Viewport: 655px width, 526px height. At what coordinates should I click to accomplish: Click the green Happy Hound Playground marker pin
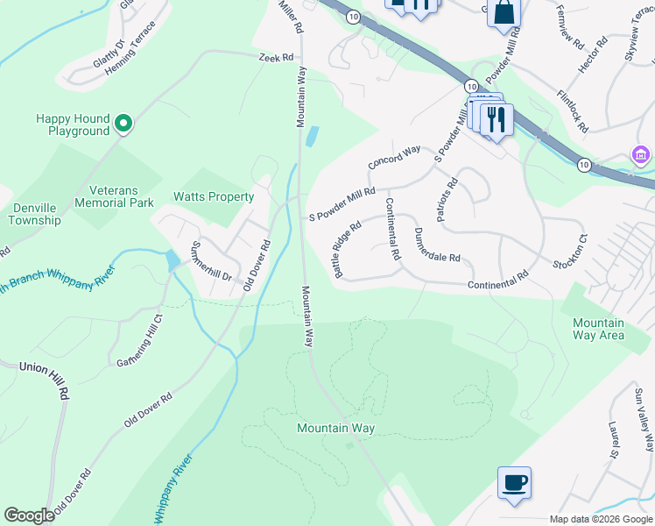(x=123, y=125)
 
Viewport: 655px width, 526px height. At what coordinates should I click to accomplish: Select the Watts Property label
(x=214, y=196)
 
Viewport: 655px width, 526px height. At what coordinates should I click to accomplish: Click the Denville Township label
(x=35, y=214)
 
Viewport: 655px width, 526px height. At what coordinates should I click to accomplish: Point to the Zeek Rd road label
(x=276, y=57)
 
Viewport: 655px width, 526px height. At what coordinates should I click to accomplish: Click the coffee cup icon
(x=514, y=482)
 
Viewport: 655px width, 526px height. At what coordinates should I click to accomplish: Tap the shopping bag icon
(x=504, y=14)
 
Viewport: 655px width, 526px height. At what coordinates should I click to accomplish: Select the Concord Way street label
(x=394, y=158)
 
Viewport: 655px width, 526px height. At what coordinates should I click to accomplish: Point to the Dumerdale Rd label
(x=437, y=245)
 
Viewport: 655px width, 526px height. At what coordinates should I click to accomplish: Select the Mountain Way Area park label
(x=599, y=329)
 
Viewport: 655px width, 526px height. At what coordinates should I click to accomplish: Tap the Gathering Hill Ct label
(x=137, y=340)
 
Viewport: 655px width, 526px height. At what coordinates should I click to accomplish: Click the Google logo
(x=30, y=515)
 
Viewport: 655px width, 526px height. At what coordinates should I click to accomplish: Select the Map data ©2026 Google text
(x=600, y=519)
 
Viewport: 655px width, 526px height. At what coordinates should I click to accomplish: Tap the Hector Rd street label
(x=592, y=54)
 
